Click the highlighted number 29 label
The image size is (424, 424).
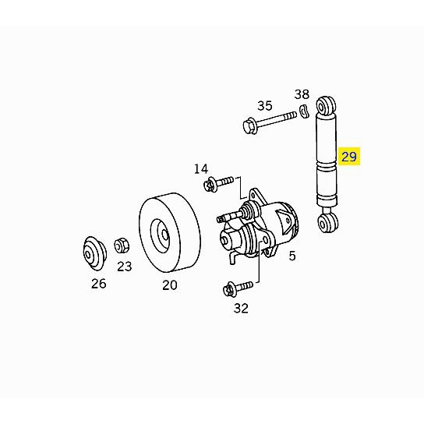[349, 157]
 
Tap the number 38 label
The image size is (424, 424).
[302, 94]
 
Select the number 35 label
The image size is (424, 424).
[265, 106]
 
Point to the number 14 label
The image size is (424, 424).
[201, 169]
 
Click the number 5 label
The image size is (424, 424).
[292, 256]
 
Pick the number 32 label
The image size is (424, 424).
[241, 308]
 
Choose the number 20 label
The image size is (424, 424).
[170, 285]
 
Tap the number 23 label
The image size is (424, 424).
[125, 267]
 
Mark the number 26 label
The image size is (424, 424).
[99, 284]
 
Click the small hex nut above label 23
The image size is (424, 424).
[122, 246]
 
